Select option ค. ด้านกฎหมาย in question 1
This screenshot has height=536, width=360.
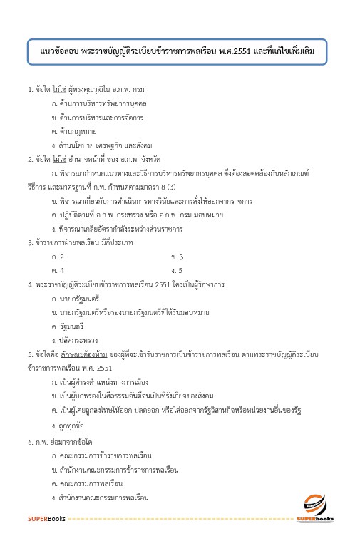point(78,132)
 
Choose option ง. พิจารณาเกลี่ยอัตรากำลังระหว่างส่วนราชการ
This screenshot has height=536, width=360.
point(118,229)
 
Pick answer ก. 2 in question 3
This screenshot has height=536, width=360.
point(58,257)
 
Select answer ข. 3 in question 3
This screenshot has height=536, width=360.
point(178,257)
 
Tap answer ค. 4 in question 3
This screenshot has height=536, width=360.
point(58,271)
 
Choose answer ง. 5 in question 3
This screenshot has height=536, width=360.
point(178,271)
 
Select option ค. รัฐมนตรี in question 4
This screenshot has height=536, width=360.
point(72,326)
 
